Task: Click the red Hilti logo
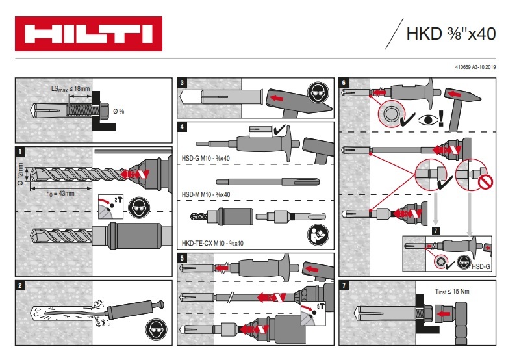click(x=89, y=34)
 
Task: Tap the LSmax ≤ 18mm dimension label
click(x=71, y=88)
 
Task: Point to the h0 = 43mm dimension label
click(x=60, y=192)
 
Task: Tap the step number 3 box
click(x=183, y=83)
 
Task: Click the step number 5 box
click(x=183, y=257)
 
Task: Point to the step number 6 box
click(x=344, y=83)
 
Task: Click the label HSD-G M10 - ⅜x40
click(x=207, y=158)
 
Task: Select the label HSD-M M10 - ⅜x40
click(x=206, y=194)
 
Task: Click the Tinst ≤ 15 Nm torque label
click(x=452, y=292)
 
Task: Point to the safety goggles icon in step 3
click(x=317, y=92)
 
